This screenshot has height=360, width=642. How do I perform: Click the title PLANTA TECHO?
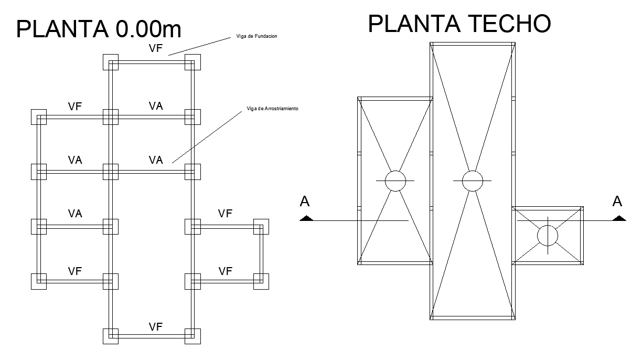coord(459,24)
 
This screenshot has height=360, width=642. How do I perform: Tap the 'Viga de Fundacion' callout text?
coord(254,37)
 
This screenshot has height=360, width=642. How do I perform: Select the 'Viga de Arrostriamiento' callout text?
coord(272,109)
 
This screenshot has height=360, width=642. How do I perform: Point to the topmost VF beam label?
coord(155,49)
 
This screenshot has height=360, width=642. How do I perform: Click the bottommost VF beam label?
coord(155,327)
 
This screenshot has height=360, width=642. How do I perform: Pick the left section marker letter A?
coord(305,202)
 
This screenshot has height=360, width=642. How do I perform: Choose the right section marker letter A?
coord(617,202)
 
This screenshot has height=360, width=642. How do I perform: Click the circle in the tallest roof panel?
coord(472,181)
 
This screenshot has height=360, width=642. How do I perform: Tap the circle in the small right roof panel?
coord(548,235)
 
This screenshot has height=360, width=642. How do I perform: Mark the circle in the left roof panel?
coord(395,181)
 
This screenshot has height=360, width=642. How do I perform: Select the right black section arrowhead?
coord(618,218)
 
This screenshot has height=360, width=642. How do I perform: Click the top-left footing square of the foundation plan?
coord(110,62)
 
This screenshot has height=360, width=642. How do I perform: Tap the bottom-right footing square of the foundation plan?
coord(193,336)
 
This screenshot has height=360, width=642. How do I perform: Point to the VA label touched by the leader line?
coord(156,160)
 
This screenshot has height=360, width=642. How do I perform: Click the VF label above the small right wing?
coord(225,214)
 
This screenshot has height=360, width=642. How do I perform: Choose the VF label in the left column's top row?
coord(75,107)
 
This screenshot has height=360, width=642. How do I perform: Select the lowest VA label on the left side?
coord(75,214)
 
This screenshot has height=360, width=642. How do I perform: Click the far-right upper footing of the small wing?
coord(261,227)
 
